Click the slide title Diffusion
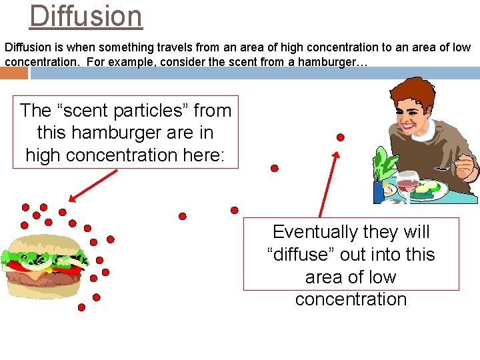85,16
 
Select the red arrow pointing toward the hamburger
93,185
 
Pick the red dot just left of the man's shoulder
340,137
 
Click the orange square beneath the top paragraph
14,73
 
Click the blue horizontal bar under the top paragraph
253,73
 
